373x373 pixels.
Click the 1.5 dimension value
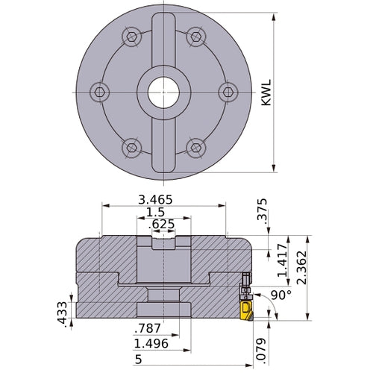pyautogui.click(x=157, y=212)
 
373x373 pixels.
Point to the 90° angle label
pyautogui.click(x=280, y=295)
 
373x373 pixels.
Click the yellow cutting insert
pyautogui.click(x=246, y=308)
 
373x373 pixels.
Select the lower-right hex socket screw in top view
pyautogui.click(x=195, y=145)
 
